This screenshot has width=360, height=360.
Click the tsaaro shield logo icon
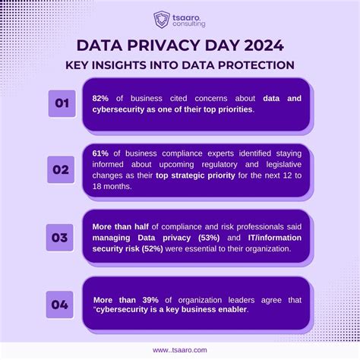[162, 18]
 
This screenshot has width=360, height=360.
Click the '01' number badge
[61, 103]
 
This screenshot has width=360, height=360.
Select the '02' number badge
[61, 170]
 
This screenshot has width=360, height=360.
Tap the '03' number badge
[61, 237]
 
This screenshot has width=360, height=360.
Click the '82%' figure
[101, 98]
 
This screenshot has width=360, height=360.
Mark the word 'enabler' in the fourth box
[250, 309]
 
